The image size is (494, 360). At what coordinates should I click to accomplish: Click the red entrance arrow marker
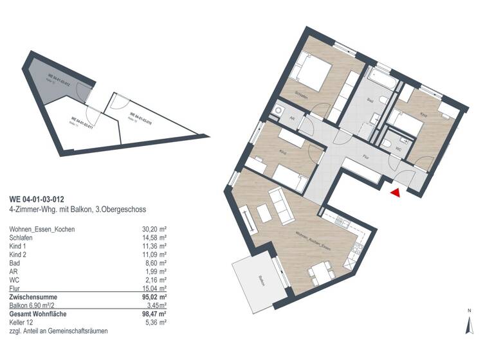(396, 192)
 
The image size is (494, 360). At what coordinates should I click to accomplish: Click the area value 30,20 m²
(154, 228)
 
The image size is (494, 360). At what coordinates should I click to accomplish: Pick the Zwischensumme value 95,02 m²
(154, 298)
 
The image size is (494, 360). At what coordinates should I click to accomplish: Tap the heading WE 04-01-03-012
(37, 199)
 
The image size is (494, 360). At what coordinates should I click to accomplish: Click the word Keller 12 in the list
(23, 322)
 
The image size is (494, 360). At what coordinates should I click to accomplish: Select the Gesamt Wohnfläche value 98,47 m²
(154, 314)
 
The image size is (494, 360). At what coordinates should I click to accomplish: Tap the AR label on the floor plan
(291, 119)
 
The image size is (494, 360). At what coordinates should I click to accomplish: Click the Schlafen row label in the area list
(22, 237)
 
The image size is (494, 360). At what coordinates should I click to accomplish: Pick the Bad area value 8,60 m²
(156, 263)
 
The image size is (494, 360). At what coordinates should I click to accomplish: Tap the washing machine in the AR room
(279, 111)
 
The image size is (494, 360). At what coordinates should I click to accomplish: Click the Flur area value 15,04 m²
(154, 289)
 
